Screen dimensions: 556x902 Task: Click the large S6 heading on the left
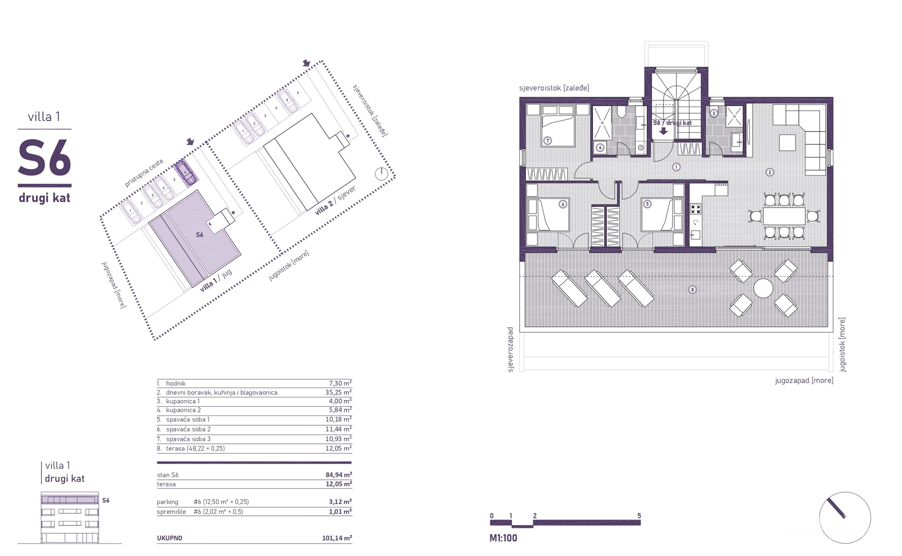(x=44, y=158)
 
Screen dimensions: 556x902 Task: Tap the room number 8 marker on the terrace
(x=692, y=290)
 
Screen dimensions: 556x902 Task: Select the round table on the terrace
(x=763, y=288)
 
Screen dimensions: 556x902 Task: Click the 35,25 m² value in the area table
(x=339, y=392)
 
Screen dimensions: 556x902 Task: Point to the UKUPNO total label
(x=169, y=538)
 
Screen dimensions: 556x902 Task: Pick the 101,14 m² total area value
(x=337, y=538)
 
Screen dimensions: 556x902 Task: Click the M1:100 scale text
(x=503, y=538)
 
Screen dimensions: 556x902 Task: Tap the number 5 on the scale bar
(x=639, y=516)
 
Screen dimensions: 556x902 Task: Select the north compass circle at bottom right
(x=845, y=517)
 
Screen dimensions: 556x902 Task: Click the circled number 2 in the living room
(x=770, y=172)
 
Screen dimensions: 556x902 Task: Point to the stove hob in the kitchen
(x=695, y=208)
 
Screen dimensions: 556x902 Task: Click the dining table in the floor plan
(x=784, y=216)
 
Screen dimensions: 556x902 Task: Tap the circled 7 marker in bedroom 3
(x=548, y=140)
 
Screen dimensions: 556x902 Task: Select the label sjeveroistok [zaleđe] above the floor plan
(x=554, y=88)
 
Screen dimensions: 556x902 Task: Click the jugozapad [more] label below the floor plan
(x=804, y=380)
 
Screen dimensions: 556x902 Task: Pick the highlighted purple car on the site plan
(x=186, y=172)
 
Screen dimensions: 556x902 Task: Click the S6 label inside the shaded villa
(x=199, y=235)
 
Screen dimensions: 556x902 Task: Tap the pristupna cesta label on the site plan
(x=144, y=173)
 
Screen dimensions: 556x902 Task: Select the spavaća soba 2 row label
(x=188, y=429)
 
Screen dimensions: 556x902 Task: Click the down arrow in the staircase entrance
(x=663, y=131)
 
